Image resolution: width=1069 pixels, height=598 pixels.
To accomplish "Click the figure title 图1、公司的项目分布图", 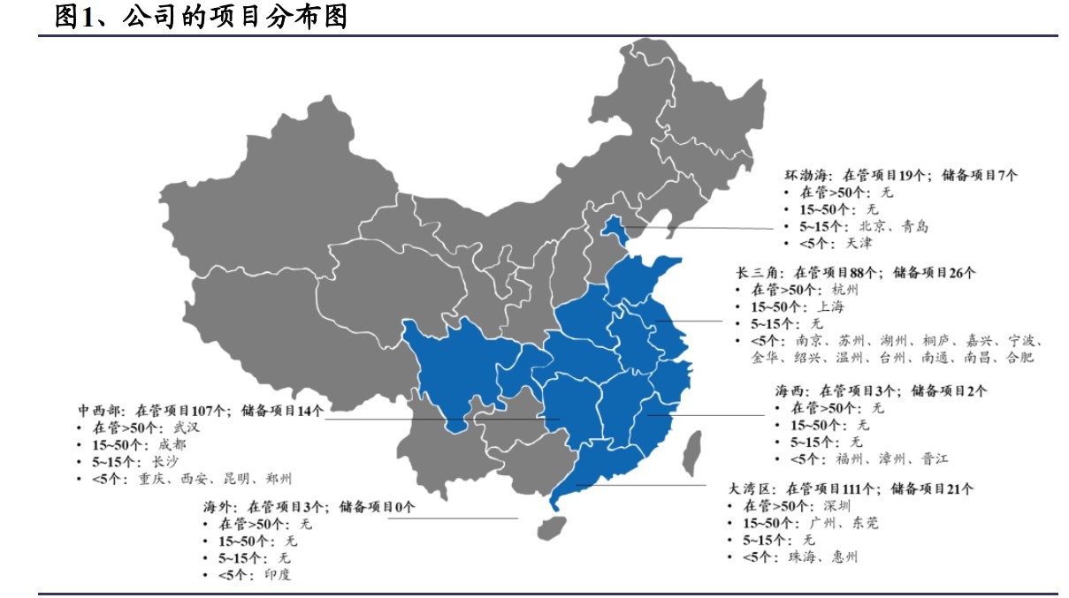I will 201,16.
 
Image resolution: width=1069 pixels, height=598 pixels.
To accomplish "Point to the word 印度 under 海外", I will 278,575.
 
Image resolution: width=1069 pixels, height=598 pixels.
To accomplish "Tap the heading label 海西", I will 789,391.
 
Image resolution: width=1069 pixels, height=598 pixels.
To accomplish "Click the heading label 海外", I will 217,508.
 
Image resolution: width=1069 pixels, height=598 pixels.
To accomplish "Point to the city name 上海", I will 830,307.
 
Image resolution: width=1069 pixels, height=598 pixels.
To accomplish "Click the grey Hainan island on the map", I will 552,527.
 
